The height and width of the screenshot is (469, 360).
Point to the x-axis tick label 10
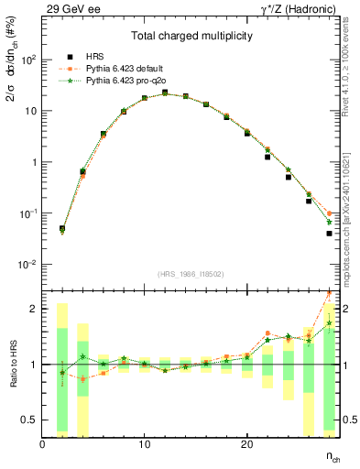click(x=145, y=444)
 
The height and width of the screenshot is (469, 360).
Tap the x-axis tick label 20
click(x=246, y=444)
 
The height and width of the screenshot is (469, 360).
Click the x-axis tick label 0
click(x=43, y=444)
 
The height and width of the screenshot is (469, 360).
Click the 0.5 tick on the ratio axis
click(x=29, y=420)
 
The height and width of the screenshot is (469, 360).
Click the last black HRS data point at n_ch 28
click(x=329, y=234)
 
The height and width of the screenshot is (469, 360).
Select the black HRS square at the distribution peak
click(x=165, y=93)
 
